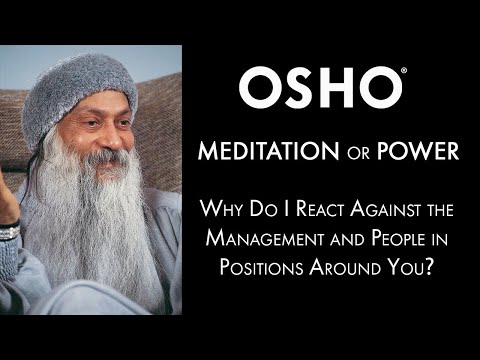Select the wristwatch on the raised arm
(9, 231)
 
